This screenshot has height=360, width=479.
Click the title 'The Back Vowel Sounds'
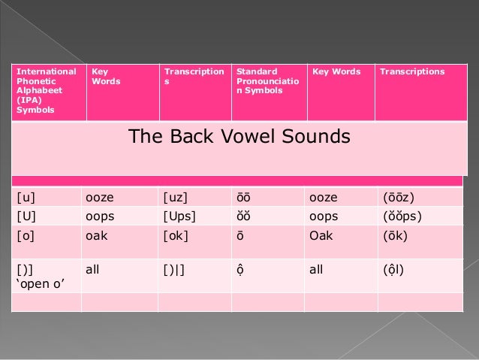[x=239, y=137]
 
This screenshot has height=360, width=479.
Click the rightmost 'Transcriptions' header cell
[x=412, y=72]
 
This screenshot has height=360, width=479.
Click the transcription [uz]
[x=176, y=198]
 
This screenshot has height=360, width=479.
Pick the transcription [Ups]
[x=181, y=216]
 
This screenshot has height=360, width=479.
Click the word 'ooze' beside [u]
[x=101, y=198]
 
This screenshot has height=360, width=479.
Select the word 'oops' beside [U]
[x=101, y=216]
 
